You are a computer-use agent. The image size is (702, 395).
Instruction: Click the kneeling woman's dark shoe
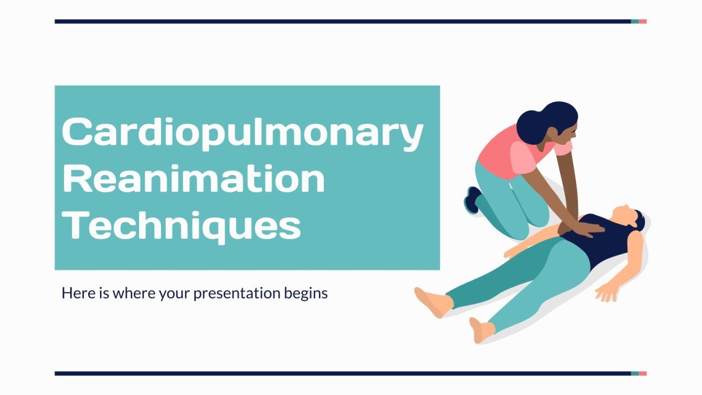(472, 199)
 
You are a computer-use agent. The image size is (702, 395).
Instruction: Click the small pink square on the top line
(643, 22)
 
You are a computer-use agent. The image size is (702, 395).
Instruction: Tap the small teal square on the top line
(635, 22)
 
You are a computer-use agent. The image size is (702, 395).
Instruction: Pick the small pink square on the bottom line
(643, 373)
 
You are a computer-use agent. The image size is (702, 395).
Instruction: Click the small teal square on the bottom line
(635, 373)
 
